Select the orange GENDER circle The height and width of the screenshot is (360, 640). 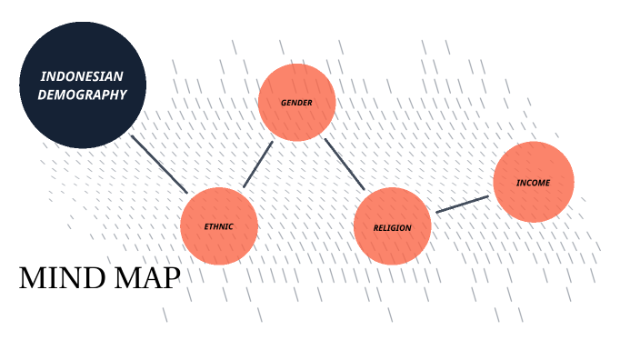(297, 103)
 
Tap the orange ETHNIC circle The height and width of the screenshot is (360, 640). (219, 225)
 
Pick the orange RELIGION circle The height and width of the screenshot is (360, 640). (392, 226)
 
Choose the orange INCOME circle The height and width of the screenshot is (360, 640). (534, 182)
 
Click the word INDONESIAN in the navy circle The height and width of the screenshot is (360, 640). (82, 76)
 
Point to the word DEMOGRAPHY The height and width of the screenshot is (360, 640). (82, 94)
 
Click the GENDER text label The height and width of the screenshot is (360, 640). (297, 103)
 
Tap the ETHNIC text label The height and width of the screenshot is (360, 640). (219, 226)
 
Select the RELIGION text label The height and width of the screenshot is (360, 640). (392, 227)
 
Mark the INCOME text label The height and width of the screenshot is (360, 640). (534, 183)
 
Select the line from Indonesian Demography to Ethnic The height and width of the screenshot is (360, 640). (159, 164)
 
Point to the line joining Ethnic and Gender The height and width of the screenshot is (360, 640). (258, 164)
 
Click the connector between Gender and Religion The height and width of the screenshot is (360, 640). (345, 164)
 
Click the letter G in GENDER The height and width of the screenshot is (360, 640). (284, 103)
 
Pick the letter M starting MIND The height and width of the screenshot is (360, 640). (31, 279)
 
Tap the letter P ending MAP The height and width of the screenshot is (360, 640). (171, 279)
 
